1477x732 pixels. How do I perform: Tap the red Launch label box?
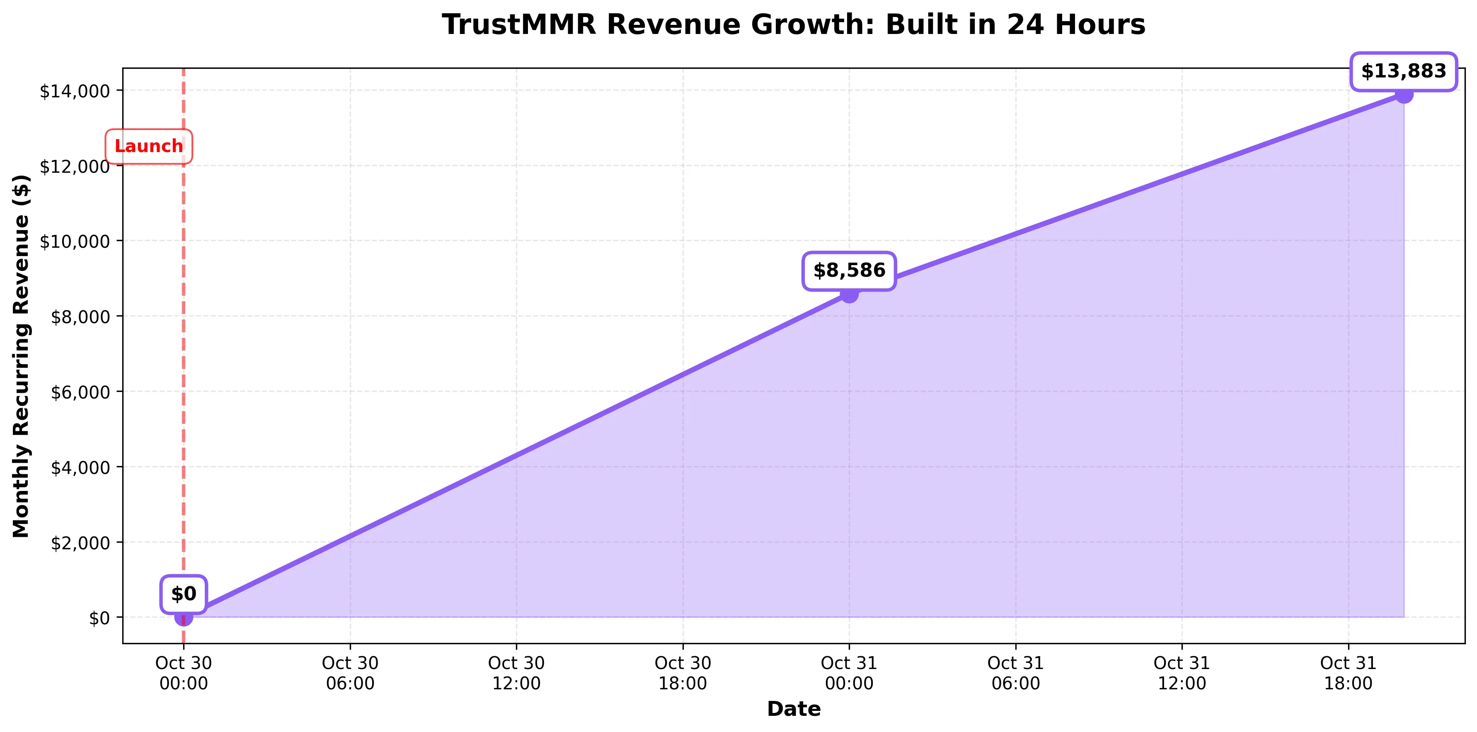pos(148,147)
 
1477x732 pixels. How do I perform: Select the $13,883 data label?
pos(1403,72)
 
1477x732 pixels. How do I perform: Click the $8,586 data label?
pos(849,271)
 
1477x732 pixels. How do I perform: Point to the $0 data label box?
pos(184,594)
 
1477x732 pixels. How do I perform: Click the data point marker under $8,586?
pos(849,295)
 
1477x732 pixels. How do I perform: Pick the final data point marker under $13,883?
pos(1404,94)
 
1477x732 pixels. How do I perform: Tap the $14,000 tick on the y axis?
pos(75,91)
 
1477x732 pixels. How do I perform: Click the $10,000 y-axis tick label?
pos(75,242)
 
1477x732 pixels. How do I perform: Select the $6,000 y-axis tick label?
pos(80,392)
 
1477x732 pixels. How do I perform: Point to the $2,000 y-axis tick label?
pos(80,543)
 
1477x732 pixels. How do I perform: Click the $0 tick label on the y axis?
pos(99,618)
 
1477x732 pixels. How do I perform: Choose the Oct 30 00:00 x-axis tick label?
pos(184,673)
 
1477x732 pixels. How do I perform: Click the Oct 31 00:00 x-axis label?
pos(849,673)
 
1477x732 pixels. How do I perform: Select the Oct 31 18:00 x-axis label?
pos(1348,673)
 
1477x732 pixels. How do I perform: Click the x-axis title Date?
pos(794,709)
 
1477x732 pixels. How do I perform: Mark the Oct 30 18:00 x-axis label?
pos(683,673)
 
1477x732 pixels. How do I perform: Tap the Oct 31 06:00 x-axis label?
pos(1015,673)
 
